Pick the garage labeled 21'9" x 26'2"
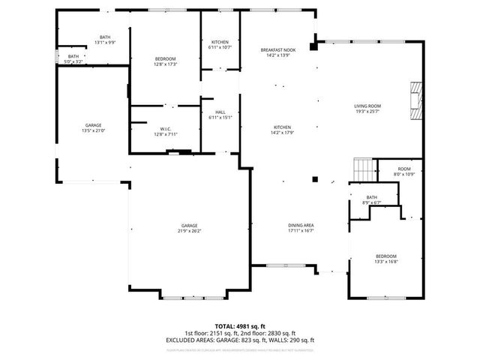(188, 228)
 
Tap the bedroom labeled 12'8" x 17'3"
(165, 61)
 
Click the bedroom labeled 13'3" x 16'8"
(385, 259)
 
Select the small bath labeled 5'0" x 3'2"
(73, 58)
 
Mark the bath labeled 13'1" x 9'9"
(105, 40)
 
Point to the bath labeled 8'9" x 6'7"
(372, 199)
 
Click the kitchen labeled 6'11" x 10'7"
(220, 44)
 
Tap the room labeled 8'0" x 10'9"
(404, 171)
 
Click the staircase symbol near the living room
(363, 170)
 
